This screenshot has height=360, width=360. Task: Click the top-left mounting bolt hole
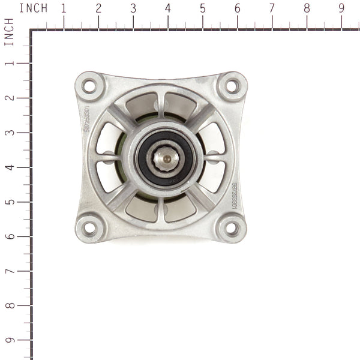click(89, 86)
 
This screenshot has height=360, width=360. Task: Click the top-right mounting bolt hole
click(232, 86)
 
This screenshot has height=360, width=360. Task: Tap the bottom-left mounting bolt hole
click(89, 227)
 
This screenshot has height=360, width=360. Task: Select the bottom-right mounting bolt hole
click(232, 227)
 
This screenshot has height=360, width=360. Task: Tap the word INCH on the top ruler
click(33, 8)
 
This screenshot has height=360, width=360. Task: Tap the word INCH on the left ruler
click(8, 32)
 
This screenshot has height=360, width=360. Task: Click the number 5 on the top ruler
click(202, 8)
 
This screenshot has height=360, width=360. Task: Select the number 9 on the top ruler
click(341, 8)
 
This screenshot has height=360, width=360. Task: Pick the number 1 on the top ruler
click(63, 8)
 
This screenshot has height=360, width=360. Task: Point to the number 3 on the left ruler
click(8, 132)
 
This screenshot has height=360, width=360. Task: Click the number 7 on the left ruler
click(8, 271)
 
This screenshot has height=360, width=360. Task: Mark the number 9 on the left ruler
click(8, 341)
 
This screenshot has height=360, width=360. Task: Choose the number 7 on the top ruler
click(272, 8)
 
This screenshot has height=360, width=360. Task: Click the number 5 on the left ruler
click(8, 202)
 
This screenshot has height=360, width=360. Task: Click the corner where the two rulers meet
click(31, 30)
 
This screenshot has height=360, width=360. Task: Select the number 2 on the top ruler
click(98, 8)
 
